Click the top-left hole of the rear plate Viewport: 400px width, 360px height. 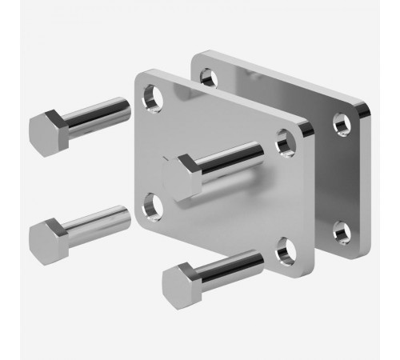(207, 78)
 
